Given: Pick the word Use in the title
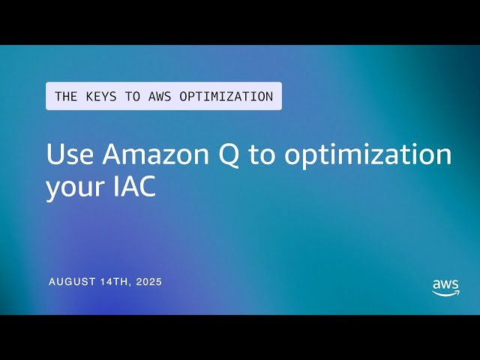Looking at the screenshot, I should point(71,155).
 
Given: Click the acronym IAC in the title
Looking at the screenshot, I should point(136,186).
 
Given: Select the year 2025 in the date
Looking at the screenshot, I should point(148,282).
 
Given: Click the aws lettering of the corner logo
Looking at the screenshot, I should point(445,285).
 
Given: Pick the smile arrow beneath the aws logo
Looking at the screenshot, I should point(446,294).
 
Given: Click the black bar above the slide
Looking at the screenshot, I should point(240,22).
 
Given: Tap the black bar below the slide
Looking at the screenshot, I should point(240,337).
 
